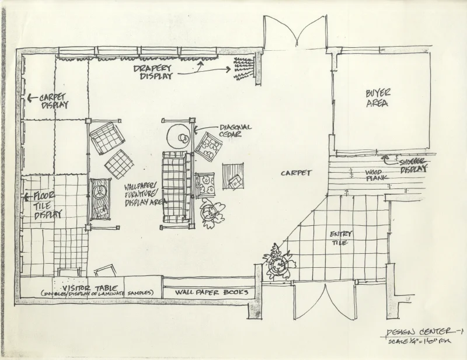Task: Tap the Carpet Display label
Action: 54,102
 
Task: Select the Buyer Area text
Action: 378,98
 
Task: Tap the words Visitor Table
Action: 83,287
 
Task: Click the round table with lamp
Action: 179,137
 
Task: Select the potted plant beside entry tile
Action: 277,263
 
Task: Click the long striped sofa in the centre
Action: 173,186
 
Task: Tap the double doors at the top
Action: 295,32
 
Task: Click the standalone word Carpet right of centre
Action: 297,173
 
